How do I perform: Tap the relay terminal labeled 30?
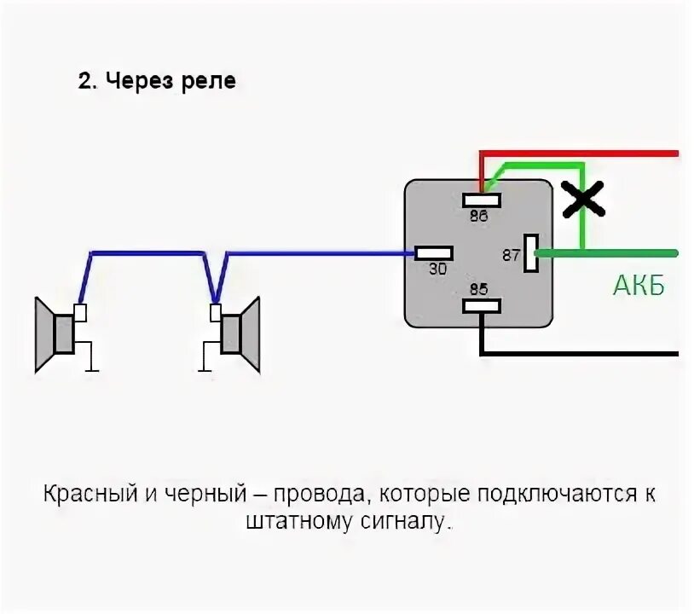434,253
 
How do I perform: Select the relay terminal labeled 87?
533,252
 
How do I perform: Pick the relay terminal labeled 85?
482,305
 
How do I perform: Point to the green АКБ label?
638,287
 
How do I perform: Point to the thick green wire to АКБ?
614,252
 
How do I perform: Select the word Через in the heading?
137,82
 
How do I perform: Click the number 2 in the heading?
84,82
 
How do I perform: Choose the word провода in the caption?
327,495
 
